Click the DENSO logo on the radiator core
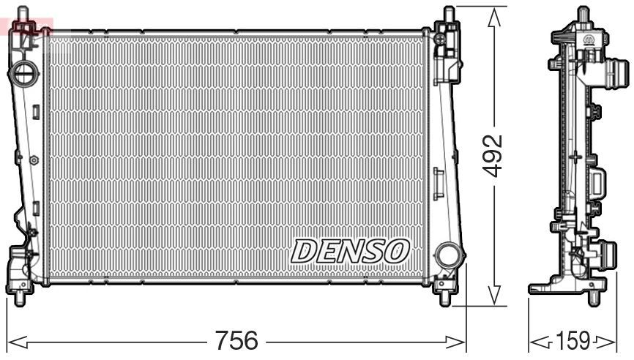pyautogui.click(x=349, y=252)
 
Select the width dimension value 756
pyautogui.click(x=236, y=340)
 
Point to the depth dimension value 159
pyautogui.click(x=573, y=340)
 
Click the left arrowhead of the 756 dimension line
pyautogui.click(x=13, y=341)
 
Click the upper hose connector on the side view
pyautogui.click(x=619, y=75)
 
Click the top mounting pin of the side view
pyautogui.click(x=583, y=12)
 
